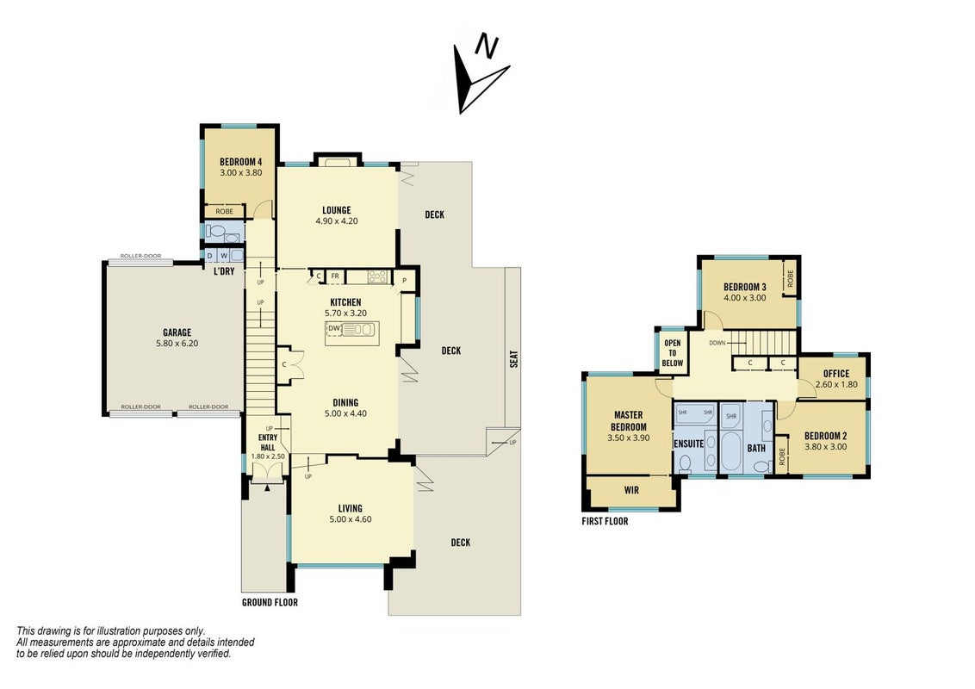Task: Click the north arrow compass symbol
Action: (x=479, y=76)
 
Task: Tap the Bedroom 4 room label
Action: (x=240, y=162)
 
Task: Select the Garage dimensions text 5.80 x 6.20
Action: (x=177, y=344)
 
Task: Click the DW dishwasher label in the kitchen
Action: (x=334, y=328)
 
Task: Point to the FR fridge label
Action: (x=334, y=276)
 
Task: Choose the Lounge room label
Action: (x=337, y=210)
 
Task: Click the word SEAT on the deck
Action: (x=514, y=359)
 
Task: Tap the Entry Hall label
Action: (x=268, y=442)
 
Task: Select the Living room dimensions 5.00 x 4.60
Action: (x=351, y=519)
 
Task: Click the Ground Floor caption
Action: (x=270, y=603)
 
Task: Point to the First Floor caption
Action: (x=605, y=521)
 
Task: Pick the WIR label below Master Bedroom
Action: (x=631, y=490)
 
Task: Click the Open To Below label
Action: (x=672, y=353)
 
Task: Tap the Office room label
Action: (x=836, y=374)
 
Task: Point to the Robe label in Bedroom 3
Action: (x=791, y=278)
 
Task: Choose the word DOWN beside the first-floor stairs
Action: (x=717, y=343)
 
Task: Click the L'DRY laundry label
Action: (x=224, y=272)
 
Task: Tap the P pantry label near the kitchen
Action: (x=404, y=281)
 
